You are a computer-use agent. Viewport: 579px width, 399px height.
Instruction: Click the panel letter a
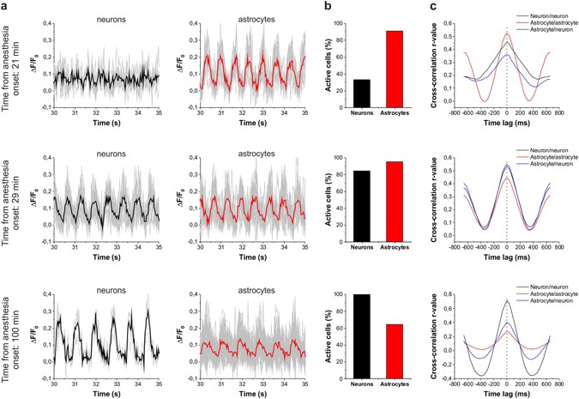tap(5, 6)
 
